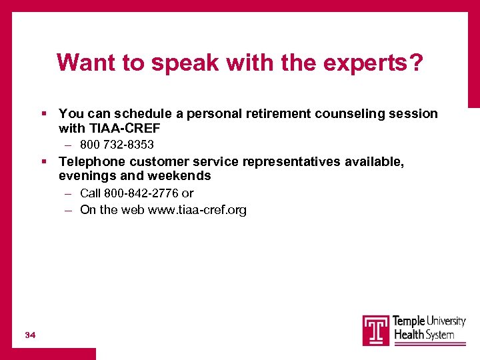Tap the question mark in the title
click(x=415, y=63)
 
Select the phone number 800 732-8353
click(x=117, y=145)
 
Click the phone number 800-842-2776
click(x=141, y=193)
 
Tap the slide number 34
click(x=29, y=334)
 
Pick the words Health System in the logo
click(x=425, y=335)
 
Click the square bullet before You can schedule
click(x=43, y=114)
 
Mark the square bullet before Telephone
click(x=43, y=162)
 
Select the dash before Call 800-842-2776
click(x=69, y=193)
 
